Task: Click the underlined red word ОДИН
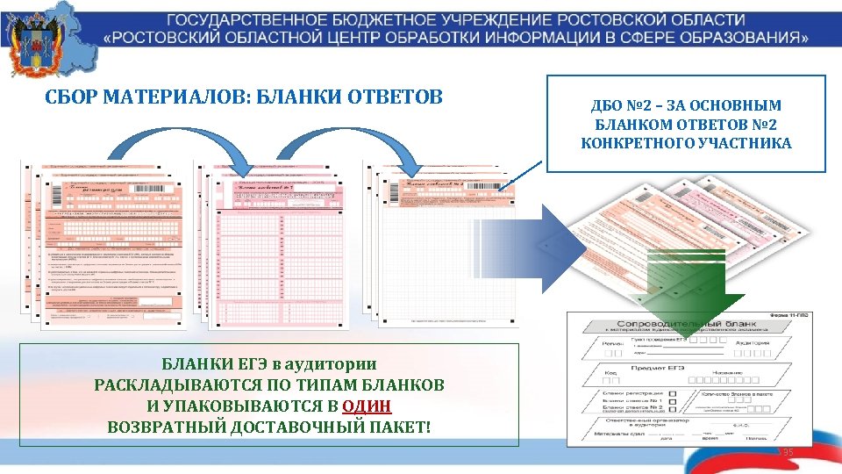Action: tap(367, 406)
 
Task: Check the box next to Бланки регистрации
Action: tap(672, 394)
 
